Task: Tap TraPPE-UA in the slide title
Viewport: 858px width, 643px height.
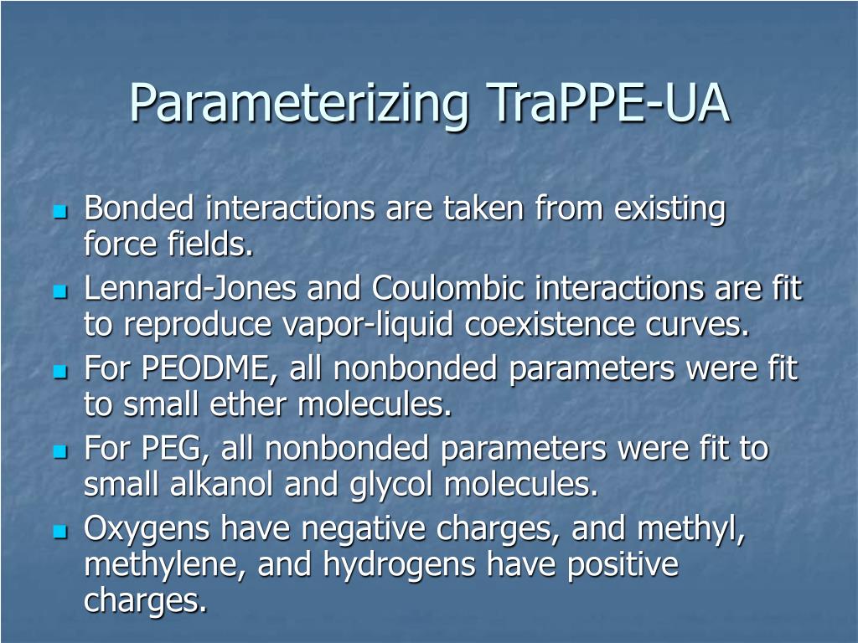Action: point(607,102)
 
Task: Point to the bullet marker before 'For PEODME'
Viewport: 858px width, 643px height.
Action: point(59,372)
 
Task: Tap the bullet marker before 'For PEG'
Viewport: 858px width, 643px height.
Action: point(59,452)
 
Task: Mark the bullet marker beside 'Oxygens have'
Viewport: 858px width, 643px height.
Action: point(59,532)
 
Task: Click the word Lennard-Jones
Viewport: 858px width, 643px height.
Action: point(190,289)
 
